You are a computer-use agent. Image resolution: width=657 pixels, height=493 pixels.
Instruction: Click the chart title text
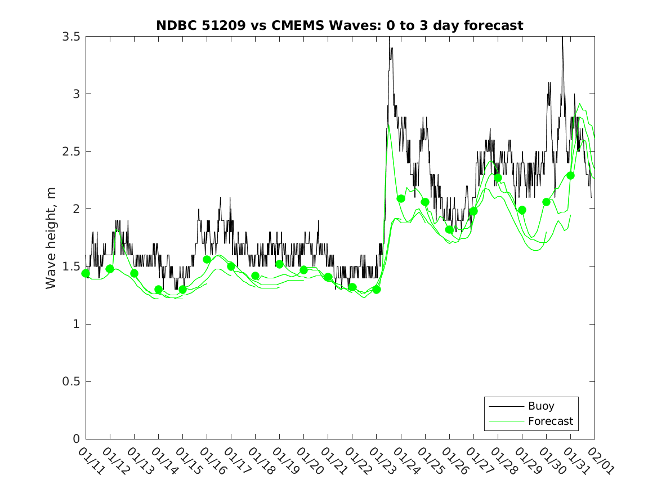pyautogui.click(x=339, y=25)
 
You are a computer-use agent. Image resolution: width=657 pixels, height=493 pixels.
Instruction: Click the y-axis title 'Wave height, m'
pyautogui.click(x=51, y=238)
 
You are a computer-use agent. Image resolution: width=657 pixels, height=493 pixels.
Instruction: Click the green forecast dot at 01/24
pyautogui.click(x=401, y=198)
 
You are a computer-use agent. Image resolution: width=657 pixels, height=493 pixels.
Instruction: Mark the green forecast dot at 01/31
pyautogui.click(x=570, y=175)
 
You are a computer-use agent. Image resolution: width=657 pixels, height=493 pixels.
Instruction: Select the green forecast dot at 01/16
pyautogui.click(x=207, y=259)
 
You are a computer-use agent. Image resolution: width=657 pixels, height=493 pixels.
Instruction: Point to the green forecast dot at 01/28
pyautogui.click(x=498, y=177)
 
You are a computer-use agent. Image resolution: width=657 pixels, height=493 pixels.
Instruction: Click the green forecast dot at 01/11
pyautogui.click(x=86, y=273)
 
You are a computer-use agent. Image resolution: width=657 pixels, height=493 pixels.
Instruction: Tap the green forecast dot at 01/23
pyautogui.click(x=377, y=290)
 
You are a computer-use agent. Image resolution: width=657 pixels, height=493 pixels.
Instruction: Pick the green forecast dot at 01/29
pyautogui.click(x=522, y=210)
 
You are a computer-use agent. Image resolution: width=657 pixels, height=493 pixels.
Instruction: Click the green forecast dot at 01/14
pyautogui.click(x=158, y=290)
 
